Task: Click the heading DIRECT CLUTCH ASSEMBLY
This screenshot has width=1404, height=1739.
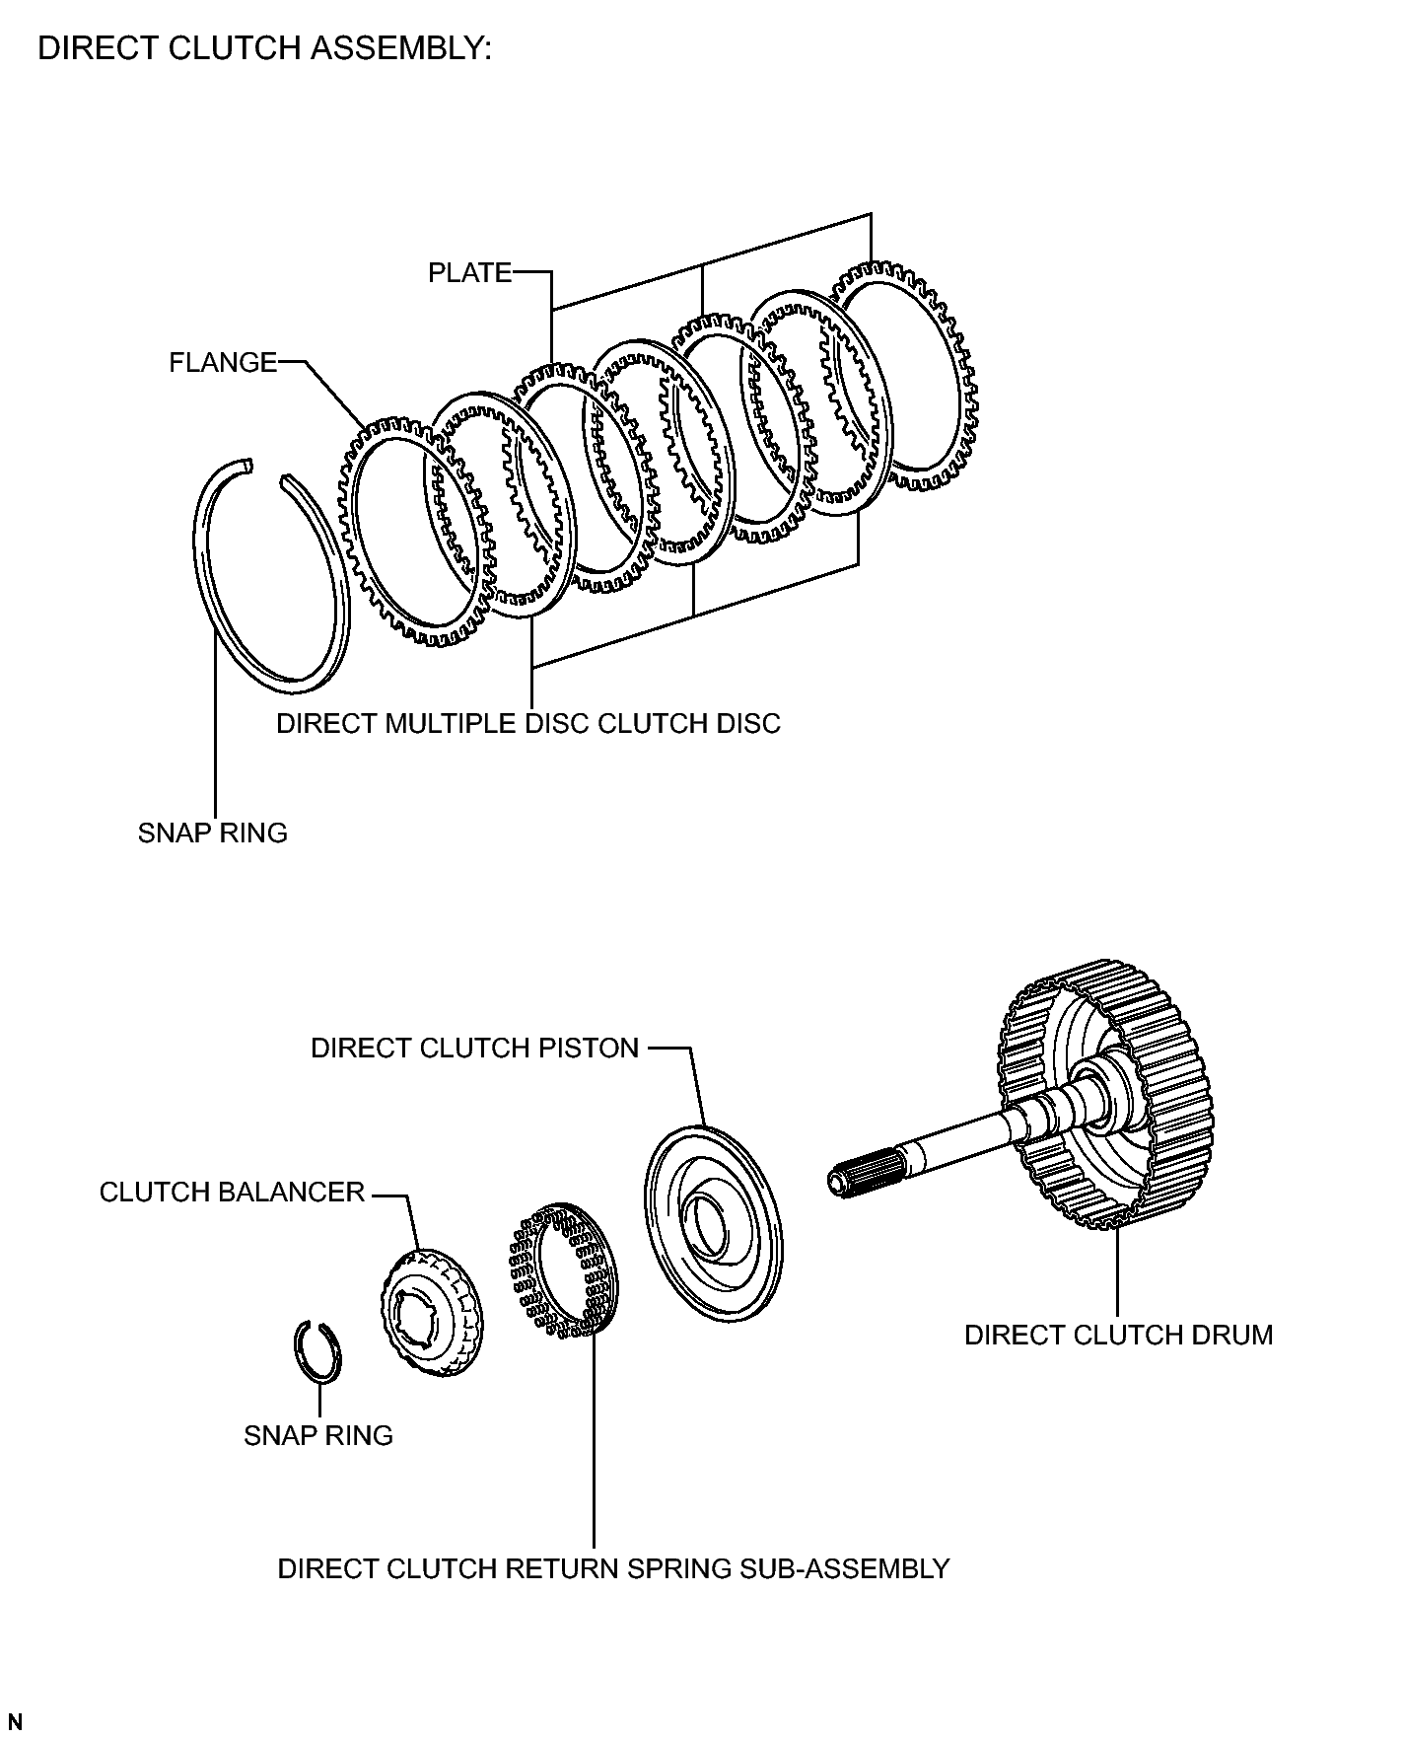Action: coord(264,48)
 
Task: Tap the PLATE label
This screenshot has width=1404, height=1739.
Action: coord(469,272)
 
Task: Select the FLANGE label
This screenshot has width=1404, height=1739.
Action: coord(223,363)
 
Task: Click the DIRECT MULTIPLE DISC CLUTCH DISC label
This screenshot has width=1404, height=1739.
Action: coord(527,723)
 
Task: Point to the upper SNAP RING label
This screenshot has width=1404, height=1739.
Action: coord(213,833)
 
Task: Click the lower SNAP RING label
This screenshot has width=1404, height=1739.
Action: coord(318,1435)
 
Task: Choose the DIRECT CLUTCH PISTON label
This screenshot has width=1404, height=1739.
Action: coord(475,1048)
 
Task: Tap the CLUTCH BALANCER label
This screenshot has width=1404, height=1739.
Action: coord(233,1192)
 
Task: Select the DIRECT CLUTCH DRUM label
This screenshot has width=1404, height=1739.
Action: coord(1118,1335)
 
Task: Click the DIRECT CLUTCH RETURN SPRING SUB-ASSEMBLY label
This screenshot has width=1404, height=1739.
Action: coord(613,1568)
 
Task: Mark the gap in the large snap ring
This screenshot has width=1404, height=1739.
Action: coord(266,471)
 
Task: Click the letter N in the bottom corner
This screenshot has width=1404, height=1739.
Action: coord(15,1722)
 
